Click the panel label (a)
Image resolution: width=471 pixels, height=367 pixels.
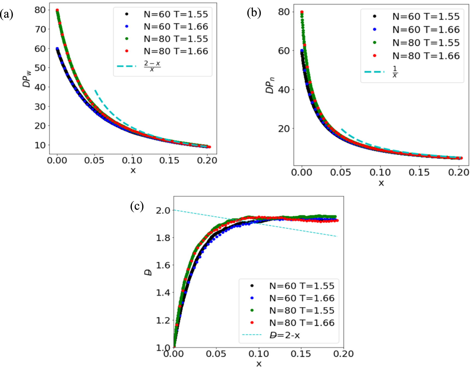7,14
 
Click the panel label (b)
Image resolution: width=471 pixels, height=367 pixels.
254,13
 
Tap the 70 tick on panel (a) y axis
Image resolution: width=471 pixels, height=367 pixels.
40,29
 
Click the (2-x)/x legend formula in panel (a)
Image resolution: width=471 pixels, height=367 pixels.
152,66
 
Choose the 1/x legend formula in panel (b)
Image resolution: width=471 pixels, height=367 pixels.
395,72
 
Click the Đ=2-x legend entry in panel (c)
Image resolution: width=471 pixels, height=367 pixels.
285,335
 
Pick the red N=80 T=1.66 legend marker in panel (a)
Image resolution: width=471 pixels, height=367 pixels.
127,51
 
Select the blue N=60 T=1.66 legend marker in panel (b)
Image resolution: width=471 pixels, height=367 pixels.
375,29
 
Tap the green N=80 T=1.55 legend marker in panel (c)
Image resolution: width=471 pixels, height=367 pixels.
252,311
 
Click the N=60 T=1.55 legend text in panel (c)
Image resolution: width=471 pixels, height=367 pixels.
301,286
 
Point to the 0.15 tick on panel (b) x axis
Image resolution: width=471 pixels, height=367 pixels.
419,172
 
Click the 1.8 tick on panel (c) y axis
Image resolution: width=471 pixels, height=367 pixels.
163,238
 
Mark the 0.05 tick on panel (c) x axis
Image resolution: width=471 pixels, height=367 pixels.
216,354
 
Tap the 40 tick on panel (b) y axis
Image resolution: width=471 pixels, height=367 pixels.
284,89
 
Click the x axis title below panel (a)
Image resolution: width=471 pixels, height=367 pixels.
133,171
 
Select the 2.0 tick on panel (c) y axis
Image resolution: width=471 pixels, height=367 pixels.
163,210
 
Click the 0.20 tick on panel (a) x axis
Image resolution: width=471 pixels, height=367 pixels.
207,160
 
